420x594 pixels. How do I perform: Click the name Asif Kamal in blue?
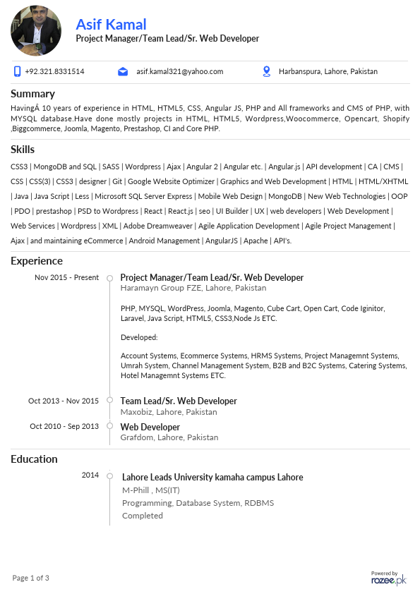(111, 24)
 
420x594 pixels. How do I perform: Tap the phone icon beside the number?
(17, 71)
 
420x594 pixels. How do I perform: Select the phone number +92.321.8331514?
(54, 71)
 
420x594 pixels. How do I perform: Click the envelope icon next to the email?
(123, 71)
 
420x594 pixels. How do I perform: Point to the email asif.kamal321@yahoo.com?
(179, 71)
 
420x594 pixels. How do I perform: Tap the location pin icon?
(267, 71)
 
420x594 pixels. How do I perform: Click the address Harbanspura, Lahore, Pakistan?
(328, 71)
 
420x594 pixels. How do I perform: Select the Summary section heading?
(32, 93)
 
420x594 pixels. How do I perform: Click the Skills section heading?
(23, 149)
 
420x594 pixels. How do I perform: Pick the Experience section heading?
(37, 261)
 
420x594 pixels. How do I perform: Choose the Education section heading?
(34, 459)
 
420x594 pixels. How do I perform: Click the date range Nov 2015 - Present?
(66, 277)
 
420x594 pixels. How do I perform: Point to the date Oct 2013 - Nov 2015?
(64, 401)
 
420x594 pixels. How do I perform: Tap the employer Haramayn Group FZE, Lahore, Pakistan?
(193, 288)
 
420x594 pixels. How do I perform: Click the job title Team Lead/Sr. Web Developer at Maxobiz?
(179, 401)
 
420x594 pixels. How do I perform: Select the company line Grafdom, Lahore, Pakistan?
(169, 437)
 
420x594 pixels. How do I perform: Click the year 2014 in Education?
(90, 475)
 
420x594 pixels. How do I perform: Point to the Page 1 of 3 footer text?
(31, 578)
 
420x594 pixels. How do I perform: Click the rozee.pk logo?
(389, 578)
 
